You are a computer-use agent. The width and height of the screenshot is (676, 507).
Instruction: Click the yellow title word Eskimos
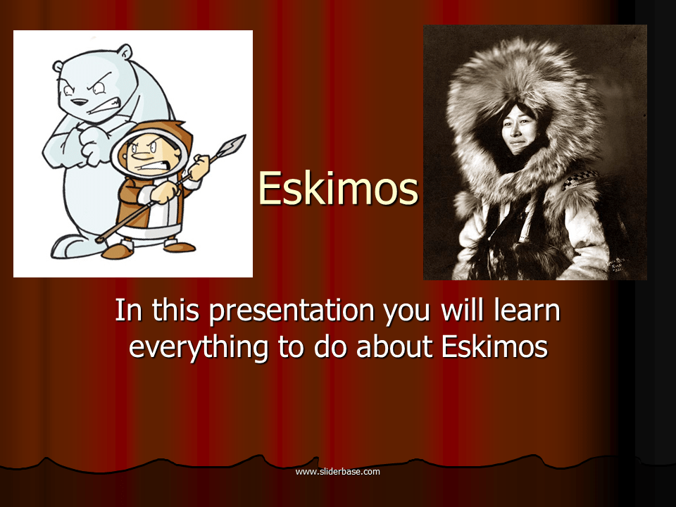[x=338, y=189]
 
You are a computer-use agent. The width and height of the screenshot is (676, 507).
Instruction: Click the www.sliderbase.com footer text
[x=337, y=471]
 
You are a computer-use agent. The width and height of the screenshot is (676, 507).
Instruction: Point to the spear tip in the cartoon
[x=233, y=145]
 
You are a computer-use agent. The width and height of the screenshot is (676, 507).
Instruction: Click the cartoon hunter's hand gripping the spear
[x=200, y=166]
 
